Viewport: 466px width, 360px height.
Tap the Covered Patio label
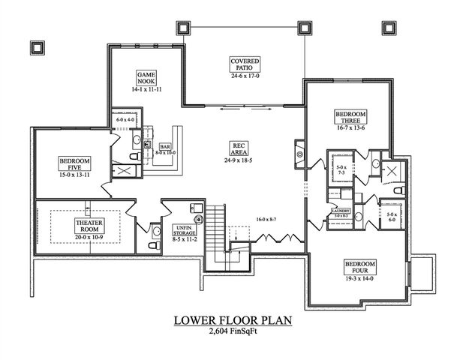[x=245, y=63]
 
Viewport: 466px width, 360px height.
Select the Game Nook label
[x=146, y=79]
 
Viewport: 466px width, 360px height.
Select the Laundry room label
[x=341, y=212]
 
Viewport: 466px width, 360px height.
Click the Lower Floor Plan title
[x=233, y=321]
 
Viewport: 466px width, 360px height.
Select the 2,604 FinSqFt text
[x=233, y=332]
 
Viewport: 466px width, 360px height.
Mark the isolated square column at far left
[x=38, y=46]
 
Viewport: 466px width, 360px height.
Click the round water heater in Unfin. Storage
[x=199, y=220]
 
